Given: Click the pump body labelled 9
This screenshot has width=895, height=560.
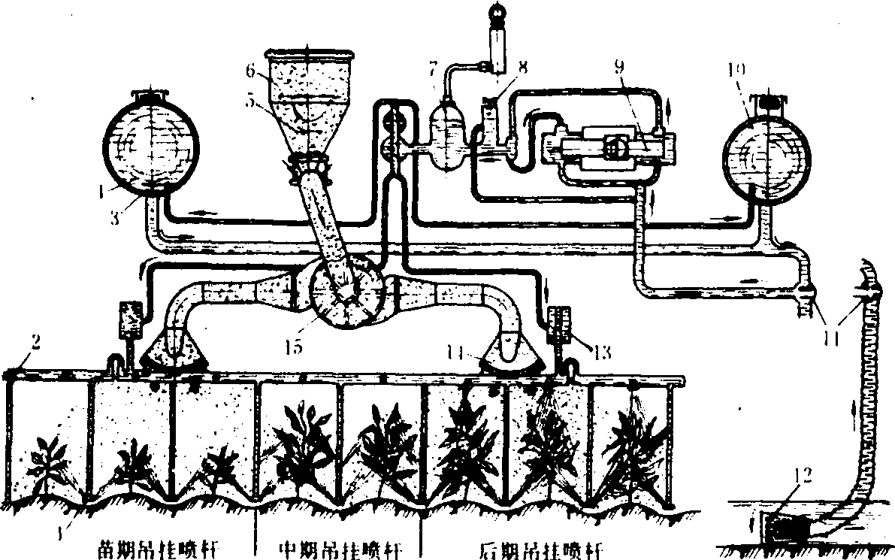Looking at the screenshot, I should coord(615,148).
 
